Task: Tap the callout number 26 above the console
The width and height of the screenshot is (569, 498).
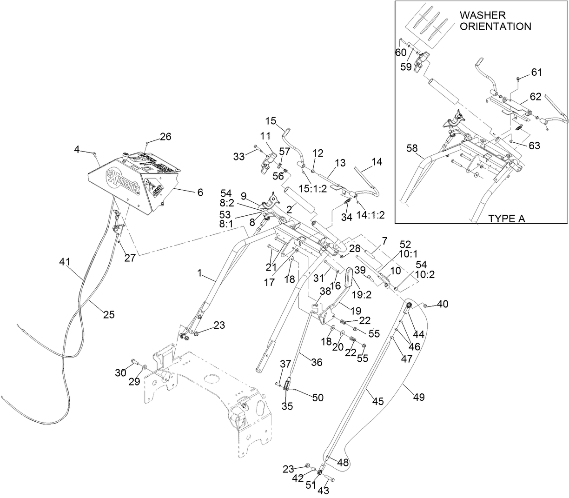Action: coord(165,137)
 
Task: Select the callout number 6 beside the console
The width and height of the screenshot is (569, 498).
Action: coord(200,192)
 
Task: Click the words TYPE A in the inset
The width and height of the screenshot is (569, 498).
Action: coord(506,219)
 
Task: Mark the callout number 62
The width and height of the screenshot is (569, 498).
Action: coord(536,97)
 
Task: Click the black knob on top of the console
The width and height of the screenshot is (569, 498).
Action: coord(126,155)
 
